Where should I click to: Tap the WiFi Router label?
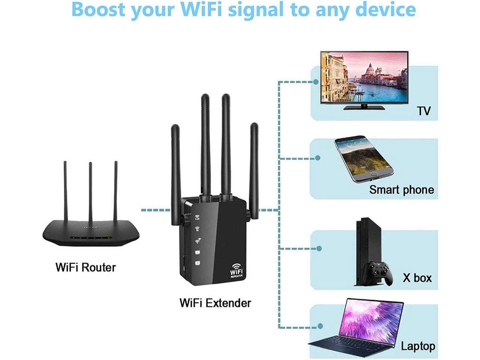(85, 267)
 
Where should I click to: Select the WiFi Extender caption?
(215, 303)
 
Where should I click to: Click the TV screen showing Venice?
(364, 77)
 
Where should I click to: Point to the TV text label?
(424, 111)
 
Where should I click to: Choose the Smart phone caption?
(401, 190)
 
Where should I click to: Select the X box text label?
(417, 278)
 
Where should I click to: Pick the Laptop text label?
(418, 346)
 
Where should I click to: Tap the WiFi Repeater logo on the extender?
(236, 271)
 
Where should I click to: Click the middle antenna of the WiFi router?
(90, 191)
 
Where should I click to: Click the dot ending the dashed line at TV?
(316, 81)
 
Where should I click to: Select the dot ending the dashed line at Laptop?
(320, 326)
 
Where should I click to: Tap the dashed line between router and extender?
(156, 210)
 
